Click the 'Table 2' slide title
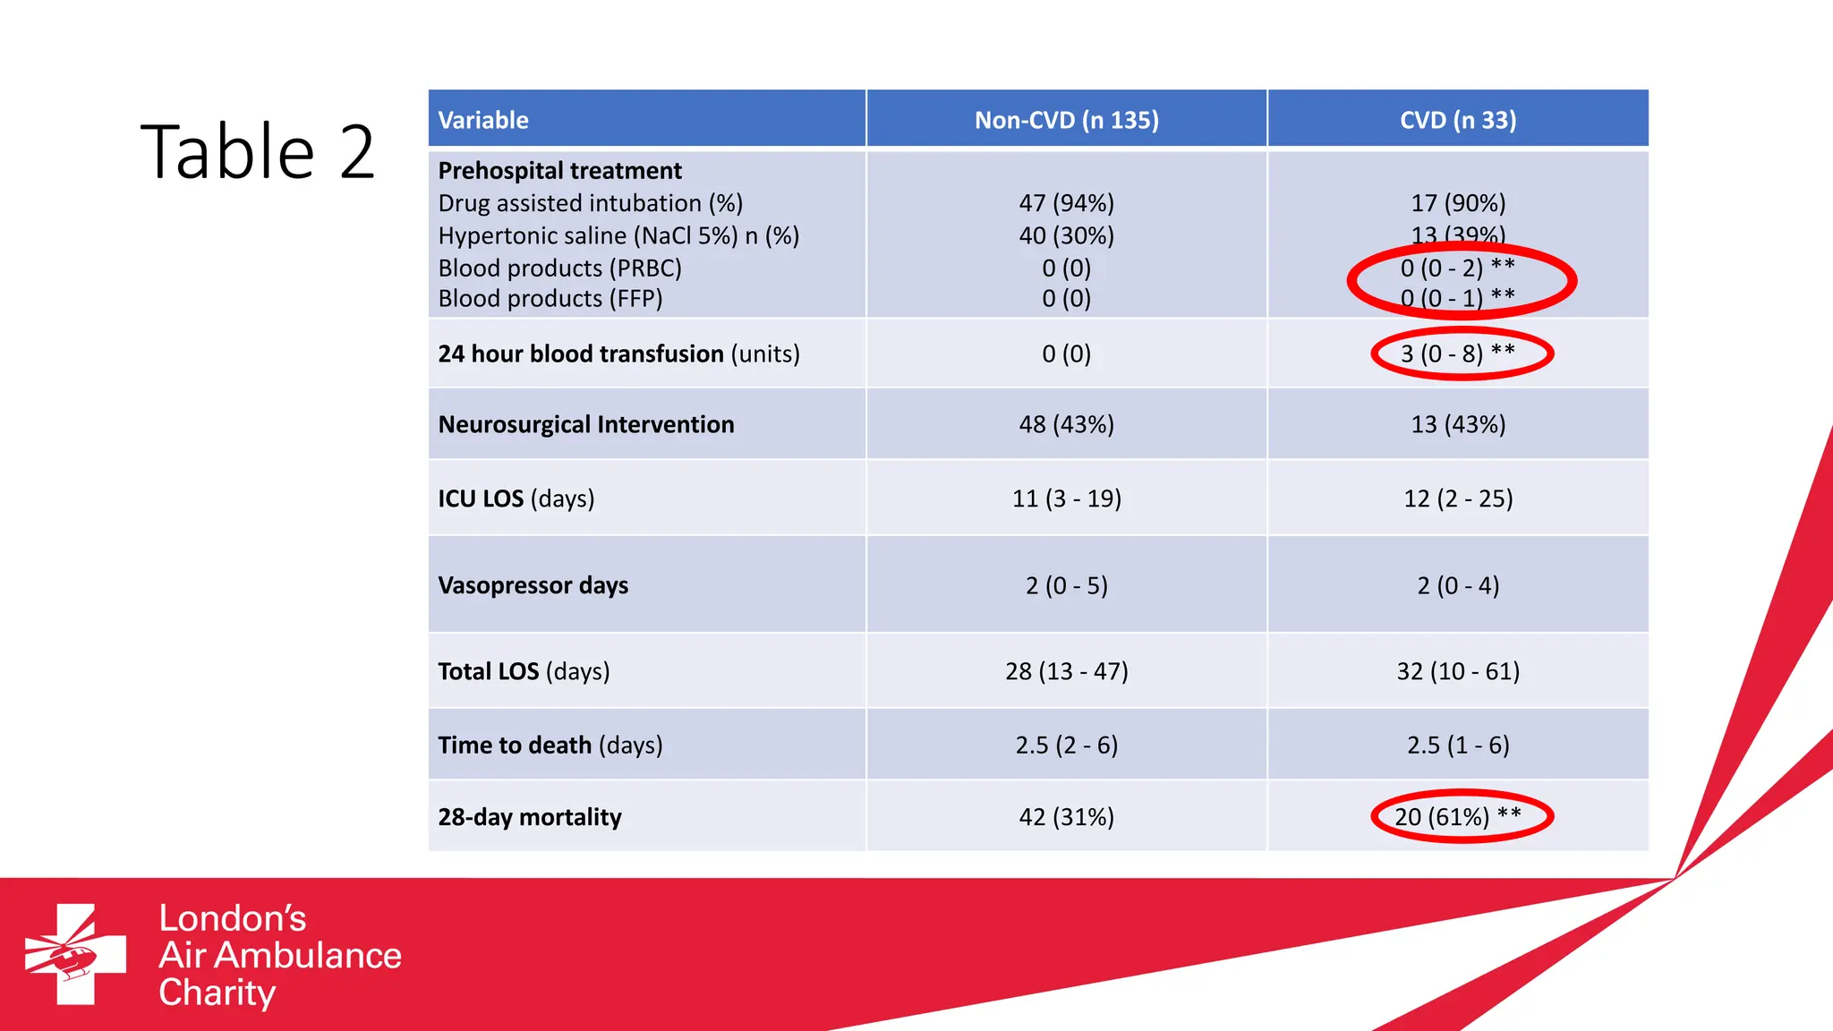click(x=258, y=152)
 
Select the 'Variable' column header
click(x=483, y=120)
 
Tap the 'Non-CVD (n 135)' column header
click(x=1066, y=120)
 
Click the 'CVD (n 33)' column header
click(x=1458, y=120)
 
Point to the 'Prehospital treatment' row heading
click(x=559, y=171)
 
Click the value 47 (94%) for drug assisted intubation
click(x=1066, y=203)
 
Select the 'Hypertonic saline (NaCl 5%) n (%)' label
click(x=618, y=235)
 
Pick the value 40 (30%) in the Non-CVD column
click(x=1066, y=235)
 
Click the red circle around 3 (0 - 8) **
click(x=1376, y=354)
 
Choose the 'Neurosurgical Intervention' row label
click(x=586, y=424)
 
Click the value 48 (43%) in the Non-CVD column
click(x=1066, y=424)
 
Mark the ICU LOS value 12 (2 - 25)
click(x=1458, y=498)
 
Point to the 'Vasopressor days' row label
click(x=533, y=585)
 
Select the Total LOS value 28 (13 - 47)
click(x=1066, y=671)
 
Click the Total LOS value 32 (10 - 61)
click(x=1458, y=671)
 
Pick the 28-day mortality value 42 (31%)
click(x=1066, y=817)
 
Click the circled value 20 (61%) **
click(x=1457, y=816)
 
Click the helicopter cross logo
click(x=75, y=954)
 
